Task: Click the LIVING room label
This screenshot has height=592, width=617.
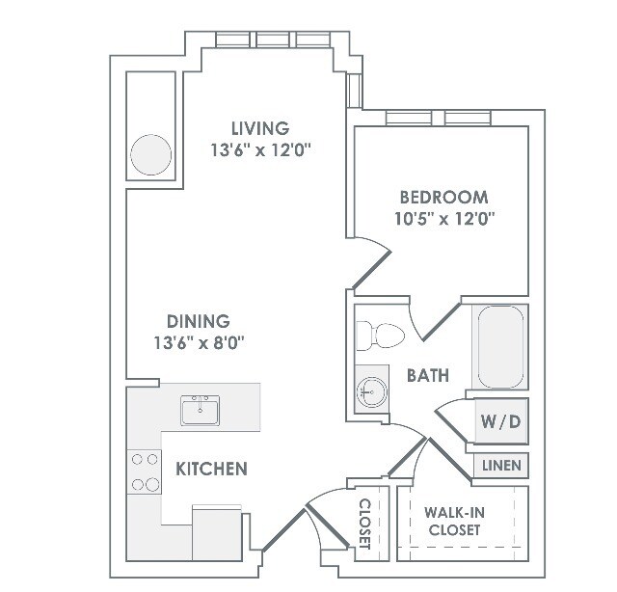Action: [x=260, y=128]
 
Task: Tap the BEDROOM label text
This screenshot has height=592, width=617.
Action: [x=443, y=198]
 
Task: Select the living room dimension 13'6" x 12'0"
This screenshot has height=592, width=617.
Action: [x=260, y=150]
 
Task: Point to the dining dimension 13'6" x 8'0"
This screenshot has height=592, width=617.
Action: [x=199, y=343]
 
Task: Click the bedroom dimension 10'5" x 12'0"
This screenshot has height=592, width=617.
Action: [x=444, y=219]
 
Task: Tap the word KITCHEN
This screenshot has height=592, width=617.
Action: [x=211, y=469]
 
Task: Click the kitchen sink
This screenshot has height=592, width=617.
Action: [x=201, y=410]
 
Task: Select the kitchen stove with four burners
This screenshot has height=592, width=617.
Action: [x=144, y=471]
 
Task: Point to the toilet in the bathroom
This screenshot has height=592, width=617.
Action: [x=381, y=336]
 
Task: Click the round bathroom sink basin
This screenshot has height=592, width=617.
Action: [x=372, y=392]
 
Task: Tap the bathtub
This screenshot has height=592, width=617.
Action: [x=500, y=347]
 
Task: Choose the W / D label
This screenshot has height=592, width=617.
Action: [x=500, y=421]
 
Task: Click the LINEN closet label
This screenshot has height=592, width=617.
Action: [x=501, y=466]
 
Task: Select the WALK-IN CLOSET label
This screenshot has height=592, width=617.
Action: [x=454, y=522]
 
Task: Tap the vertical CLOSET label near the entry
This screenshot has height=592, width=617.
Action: [x=364, y=524]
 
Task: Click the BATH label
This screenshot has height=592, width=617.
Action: [x=428, y=376]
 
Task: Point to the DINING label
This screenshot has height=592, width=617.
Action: [x=199, y=322]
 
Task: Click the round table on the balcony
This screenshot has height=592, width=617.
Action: [x=150, y=154]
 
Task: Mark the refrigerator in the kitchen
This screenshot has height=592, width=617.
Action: [x=216, y=532]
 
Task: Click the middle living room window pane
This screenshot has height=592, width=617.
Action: [x=272, y=40]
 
